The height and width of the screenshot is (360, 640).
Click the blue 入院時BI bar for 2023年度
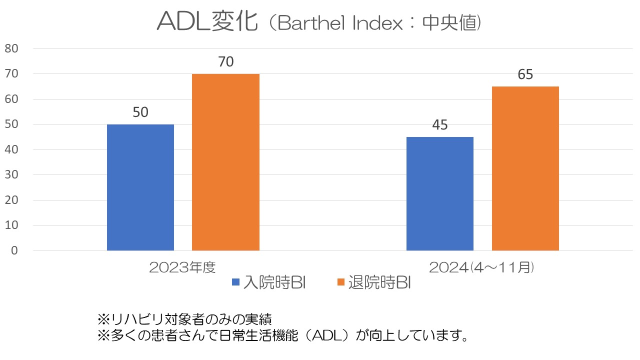pyautogui.click(x=140, y=187)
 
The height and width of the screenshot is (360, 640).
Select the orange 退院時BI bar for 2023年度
pyautogui.click(x=225, y=162)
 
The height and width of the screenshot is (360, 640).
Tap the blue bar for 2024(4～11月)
pyautogui.click(x=440, y=194)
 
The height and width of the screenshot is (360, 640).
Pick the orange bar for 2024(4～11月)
pyautogui.click(x=525, y=168)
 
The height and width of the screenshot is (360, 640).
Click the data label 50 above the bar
pyautogui.click(x=140, y=112)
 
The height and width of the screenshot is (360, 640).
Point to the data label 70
pyautogui.click(x=225, y=62)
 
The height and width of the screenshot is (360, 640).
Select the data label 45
pyautogui.click(x=440, y=125)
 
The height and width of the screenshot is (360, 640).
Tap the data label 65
pyautogui.click(x=525, y=74)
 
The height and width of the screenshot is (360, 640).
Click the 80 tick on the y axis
pyautogui.click(x=11, y=48)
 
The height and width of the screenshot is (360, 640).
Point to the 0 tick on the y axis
pyautogui.click(x=14, y=250)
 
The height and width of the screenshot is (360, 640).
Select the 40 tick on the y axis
pyautogui.click(x=11, y=149)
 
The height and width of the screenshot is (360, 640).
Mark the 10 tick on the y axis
pyautogui.click(x=11, y=225)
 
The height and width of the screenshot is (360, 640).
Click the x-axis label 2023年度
pyautogui.click(x=182, y=267)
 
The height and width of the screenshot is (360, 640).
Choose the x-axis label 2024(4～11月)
pyautogui.click(x=482, y=267)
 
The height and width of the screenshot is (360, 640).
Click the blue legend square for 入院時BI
pyautogui.click(x=236, y=282)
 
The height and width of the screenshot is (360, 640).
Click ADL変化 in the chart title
pyautogui.click(x=207, y=22)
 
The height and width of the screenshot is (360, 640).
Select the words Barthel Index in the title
pyautogui.click(x=340, y=23)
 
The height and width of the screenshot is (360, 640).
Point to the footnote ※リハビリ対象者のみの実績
pyautogui.click(x=184, y=318)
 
